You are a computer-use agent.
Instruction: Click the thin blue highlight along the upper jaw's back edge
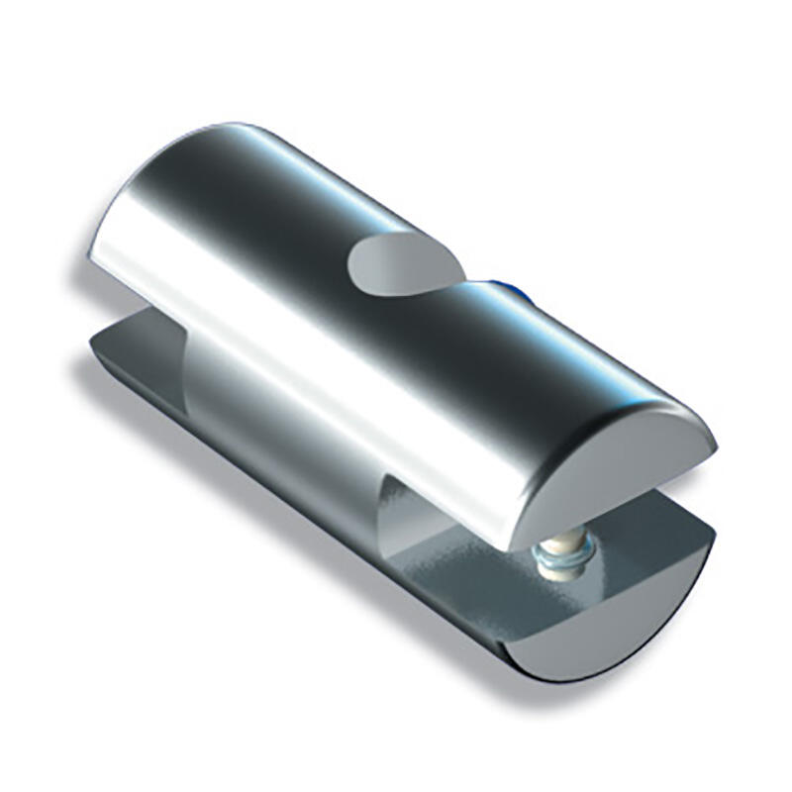[554, 317]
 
